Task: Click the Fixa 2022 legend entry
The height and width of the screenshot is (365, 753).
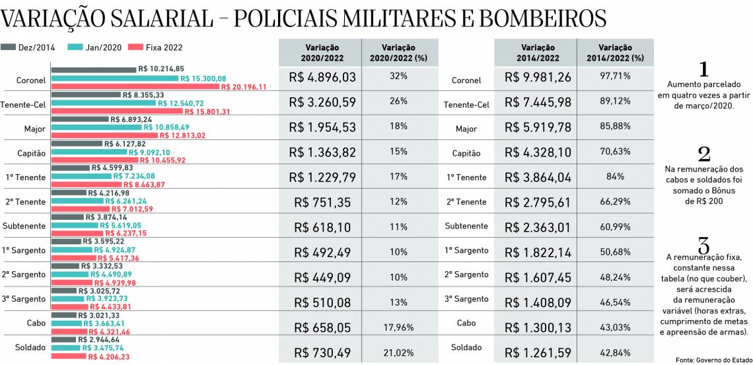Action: [x=155, y=48]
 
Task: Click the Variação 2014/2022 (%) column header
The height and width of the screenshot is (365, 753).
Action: [x=615, y=53]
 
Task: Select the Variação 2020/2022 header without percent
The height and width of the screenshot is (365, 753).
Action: [x=320, y=53]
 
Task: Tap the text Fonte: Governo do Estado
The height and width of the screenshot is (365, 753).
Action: [x=713, y=360]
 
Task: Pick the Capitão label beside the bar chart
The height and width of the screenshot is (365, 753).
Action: [x=31, y=153]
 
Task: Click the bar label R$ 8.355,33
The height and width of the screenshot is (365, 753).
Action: [x=143, y=95]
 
